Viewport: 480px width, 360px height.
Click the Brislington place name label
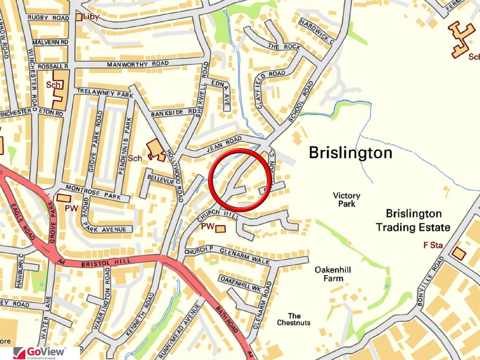tap(350, 152)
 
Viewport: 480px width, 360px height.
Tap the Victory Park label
tap(346, 200)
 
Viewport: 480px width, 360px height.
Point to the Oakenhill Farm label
tap(333, 274)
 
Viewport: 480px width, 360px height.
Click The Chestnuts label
tap(294, 319)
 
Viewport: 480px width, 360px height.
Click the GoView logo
tap(40, 353)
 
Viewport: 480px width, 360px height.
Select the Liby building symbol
tap(79, 17)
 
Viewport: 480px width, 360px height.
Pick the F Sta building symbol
tap(459, 254)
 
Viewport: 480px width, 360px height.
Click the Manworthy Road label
tap(137, 64)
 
